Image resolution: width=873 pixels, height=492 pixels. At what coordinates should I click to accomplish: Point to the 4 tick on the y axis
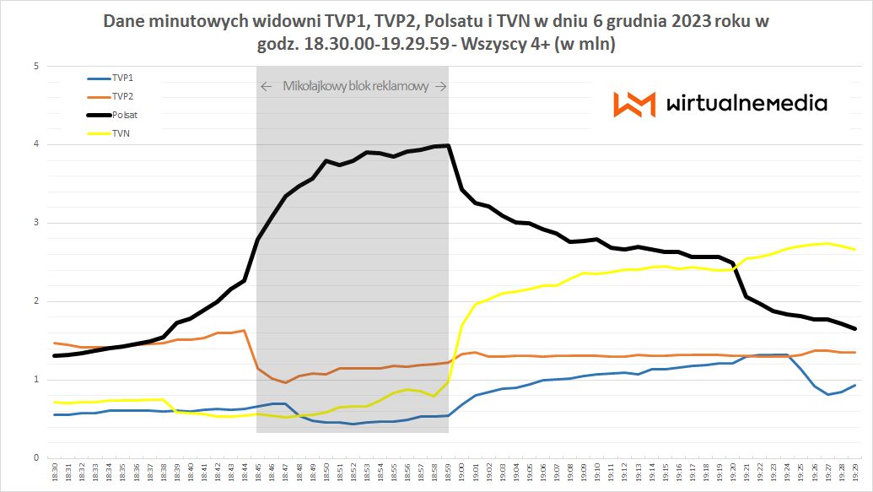point(36,144)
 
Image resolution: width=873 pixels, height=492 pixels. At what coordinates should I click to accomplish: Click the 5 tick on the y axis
point(36,66)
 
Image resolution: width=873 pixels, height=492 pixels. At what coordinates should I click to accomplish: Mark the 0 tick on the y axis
point(36,458)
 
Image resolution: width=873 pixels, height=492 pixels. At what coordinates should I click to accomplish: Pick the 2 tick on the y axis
point(36,301)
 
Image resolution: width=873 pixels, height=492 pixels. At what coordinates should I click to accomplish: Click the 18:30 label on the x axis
point(56,472)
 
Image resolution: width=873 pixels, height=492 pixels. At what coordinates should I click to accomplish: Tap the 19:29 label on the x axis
point(855,472)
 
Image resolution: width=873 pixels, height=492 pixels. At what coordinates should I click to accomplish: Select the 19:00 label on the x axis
point(462,472)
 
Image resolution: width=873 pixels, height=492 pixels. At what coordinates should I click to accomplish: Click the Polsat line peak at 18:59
point(448,145)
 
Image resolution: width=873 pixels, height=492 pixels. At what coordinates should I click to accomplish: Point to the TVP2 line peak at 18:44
point(244,330)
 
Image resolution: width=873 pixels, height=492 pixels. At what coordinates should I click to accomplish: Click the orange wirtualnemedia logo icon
point(633,104)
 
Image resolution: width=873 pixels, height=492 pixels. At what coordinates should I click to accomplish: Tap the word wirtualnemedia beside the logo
point(746,104)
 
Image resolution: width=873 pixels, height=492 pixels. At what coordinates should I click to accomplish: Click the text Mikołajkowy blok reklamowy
point(355,87)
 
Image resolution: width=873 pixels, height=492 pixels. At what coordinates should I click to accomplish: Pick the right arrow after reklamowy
point(442,87)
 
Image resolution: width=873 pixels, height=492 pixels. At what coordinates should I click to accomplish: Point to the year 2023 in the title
point(671,22)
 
